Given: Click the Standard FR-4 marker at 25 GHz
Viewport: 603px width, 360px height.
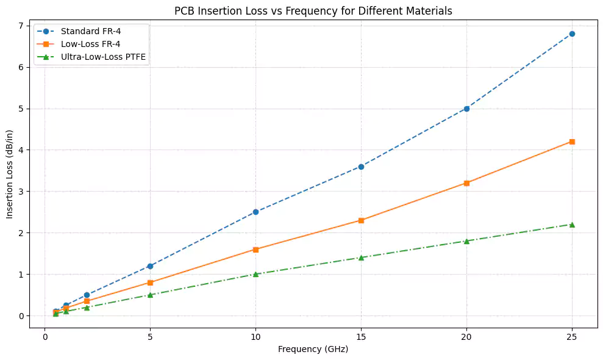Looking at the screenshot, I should click(572, 34).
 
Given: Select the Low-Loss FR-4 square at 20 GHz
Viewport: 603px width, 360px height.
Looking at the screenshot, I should click(466, 183).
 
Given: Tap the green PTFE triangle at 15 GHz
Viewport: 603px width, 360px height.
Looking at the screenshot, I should click(361, 257).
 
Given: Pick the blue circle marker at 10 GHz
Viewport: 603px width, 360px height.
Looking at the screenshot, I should click(255, 212).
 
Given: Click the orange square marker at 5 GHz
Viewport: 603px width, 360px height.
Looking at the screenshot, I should click(150, 283).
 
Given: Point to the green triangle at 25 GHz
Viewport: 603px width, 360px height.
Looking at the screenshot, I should click(572, 225).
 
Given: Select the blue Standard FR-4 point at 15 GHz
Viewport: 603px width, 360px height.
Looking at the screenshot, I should click(361, 167).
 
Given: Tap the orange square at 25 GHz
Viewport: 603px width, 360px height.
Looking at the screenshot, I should click(572, 142).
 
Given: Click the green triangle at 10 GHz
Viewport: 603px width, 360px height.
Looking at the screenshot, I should click(255, 274).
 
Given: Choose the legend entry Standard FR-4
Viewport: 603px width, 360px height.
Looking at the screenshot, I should click(86, 31).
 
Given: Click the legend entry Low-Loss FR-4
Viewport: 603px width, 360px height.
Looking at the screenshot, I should click(86, 44).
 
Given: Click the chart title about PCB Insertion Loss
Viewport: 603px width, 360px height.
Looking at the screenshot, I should click(313, 10).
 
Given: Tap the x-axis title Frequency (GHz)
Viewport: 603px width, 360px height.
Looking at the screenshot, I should click(313, 350).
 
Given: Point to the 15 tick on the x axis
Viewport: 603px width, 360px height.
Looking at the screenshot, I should click(361, 336).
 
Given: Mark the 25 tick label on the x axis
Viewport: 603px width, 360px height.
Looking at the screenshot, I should click(572, 336).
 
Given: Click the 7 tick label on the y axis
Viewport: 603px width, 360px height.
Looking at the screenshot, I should click(20, 26).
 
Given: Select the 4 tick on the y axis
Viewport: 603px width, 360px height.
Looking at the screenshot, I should click(20, 150).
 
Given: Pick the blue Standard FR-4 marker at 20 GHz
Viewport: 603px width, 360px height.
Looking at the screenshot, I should click(466, 109).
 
